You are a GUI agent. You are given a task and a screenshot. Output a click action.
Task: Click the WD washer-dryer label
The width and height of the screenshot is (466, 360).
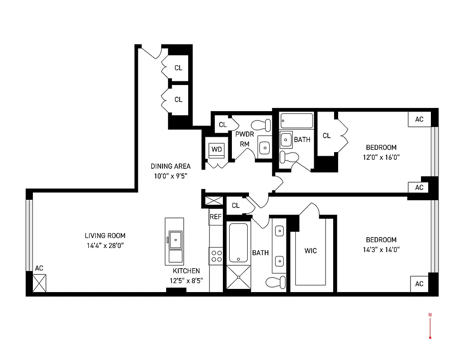[x=216, y=149]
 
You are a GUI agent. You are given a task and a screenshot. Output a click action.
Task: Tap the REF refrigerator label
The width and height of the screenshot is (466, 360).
[x=216, y=217]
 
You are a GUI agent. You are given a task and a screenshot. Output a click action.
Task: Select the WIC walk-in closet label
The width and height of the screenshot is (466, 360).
[x=310, y=250]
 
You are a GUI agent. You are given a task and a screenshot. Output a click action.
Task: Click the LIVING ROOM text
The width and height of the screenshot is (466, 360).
[x=105, y=235]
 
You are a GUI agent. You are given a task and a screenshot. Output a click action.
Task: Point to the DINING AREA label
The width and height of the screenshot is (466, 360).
[x=170, y=166]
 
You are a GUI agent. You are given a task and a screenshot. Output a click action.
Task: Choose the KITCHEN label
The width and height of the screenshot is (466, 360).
[x=186, y=271]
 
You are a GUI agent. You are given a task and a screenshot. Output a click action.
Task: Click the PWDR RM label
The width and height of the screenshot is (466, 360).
[x=244, y=139]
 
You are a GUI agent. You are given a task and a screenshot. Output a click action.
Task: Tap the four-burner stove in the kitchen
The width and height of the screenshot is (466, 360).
[x=217, y=256]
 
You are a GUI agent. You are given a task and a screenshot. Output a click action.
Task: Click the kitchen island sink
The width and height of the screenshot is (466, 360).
[x=174, y=239]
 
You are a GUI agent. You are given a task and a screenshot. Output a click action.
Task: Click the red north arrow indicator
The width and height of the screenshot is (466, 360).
[x=430, y=326]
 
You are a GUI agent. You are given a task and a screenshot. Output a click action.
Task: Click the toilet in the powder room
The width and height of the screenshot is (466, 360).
[x=261, y=124]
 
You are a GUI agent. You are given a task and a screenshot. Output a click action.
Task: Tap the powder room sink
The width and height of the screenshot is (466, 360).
[x=265, y=147]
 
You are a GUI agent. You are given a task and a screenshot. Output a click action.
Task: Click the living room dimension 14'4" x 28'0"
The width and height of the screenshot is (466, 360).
[x=105, y=246]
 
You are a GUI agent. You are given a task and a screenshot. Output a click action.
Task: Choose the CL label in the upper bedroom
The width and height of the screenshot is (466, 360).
[x=326, y=135]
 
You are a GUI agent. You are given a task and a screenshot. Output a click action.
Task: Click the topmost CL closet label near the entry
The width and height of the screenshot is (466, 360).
[x=178, y=68]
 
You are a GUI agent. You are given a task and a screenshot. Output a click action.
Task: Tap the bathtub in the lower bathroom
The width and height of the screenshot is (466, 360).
[x=238, y=243]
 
